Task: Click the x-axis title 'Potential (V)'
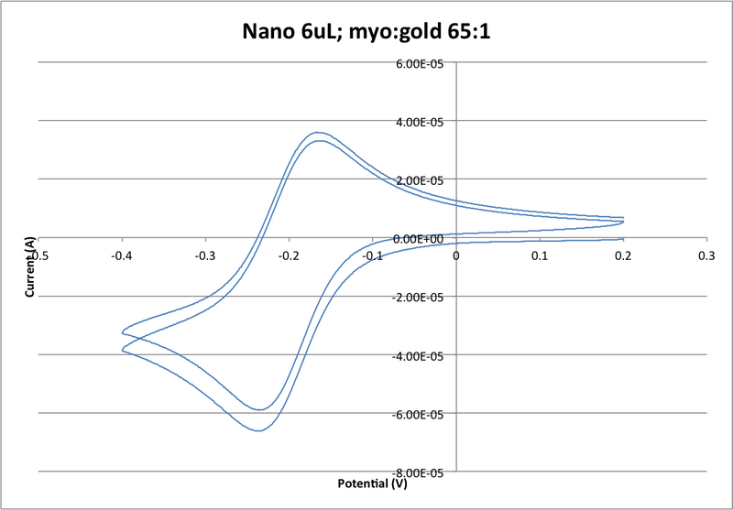coord(373,482)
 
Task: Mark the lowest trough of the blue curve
coord(257,430)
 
